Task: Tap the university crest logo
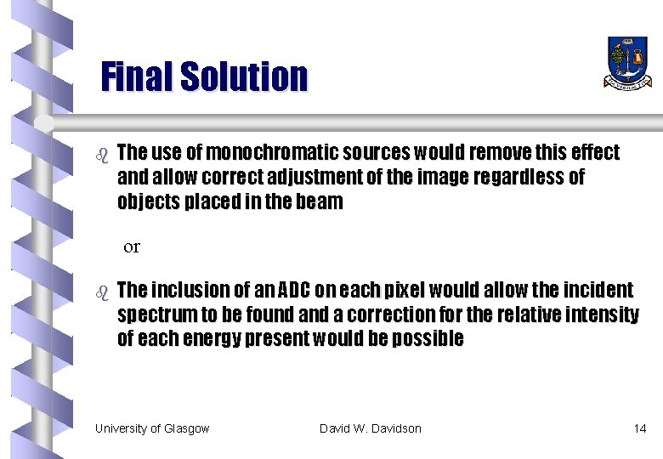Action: pyautogui.click(x=628, y=62)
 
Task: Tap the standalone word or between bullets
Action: pyautogui.click(x=132, y=247)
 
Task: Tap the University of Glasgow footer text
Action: pyautogui.click(x=152, y=428)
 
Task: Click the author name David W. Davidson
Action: pyautogui.click(x=371, y=428)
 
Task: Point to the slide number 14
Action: pyautogui.click(x=640, y=428)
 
